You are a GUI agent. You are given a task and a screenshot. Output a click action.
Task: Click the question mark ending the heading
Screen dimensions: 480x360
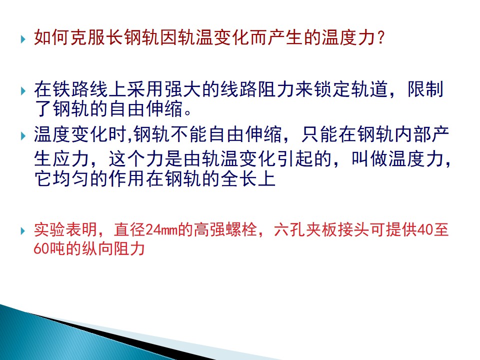click(381, 38)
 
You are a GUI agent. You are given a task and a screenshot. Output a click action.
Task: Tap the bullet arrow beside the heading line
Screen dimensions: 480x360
click(23, 39)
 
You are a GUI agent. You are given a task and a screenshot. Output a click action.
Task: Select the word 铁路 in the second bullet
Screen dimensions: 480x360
click(70, 89)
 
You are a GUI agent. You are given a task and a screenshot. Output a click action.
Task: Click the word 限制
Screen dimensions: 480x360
click(425, 89)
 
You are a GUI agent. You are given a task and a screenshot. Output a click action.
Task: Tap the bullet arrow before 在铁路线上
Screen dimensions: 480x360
click(23, 90)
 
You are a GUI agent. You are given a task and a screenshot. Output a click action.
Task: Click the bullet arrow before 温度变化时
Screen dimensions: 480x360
click(23, 135)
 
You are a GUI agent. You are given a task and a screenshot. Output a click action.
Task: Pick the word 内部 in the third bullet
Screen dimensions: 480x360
click(412, 134)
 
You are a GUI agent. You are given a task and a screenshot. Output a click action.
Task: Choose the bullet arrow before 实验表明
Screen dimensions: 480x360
click(23, 230)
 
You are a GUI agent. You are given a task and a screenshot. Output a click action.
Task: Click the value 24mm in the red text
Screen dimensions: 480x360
click(161, 229)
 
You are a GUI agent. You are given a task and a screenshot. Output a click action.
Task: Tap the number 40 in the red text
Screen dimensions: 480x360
click(424, 229)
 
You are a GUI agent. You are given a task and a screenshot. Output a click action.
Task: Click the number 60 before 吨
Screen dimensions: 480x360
click(41, 248)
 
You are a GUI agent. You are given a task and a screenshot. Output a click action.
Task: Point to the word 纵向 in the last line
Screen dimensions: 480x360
click(97, 248)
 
